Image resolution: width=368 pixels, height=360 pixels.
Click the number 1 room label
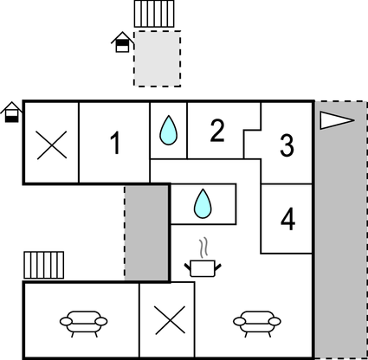tap(114, 143)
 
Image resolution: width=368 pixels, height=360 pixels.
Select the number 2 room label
tap(217, 131)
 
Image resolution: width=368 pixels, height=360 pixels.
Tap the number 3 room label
tap(287, 145)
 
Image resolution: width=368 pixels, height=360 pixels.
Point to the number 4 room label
tap(287, 219)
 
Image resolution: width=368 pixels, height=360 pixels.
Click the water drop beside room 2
tap(168, 132)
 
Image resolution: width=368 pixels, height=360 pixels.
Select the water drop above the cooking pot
tap(203, 204)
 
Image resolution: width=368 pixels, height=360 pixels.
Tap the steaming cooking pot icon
tap(203, 267)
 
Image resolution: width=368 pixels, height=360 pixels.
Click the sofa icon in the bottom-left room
tap(83, 322)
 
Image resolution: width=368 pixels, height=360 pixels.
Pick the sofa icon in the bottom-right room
tap(256, 322)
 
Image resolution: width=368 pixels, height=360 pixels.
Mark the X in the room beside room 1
tap(51, 144)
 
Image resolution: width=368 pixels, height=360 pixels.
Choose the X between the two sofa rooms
tap(168, 322)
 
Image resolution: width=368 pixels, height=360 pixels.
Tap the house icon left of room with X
tap(11, 112)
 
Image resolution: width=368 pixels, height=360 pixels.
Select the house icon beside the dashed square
tap(123, 41)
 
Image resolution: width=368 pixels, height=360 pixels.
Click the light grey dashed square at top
tap(157, 58)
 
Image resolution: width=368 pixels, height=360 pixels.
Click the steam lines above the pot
tap(203, 246)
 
